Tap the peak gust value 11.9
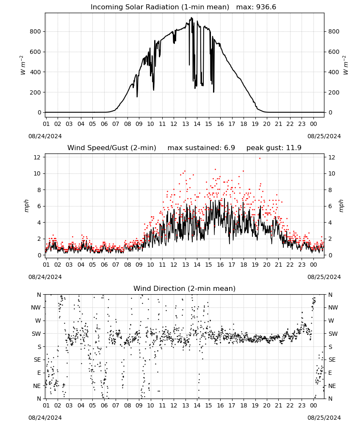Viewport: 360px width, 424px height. (x=293, y=148)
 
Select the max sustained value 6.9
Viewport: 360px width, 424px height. (x=230, y=148)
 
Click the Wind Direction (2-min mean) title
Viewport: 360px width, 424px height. (x=185, y=288)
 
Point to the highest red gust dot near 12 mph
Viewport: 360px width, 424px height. (x=260, y=159)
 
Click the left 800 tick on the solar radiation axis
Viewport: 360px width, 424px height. (x=36, y=31)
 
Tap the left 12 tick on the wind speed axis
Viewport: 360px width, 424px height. (x=37, y=157)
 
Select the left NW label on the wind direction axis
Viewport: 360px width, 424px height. (x=36, y=307)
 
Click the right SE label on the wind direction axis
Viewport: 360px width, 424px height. (x=332, y=360)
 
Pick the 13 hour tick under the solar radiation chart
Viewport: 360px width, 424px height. (x=186, y=124)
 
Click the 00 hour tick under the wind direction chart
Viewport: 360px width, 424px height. (x=313, y=405)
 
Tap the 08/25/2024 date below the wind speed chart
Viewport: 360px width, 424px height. (x=324, y=277)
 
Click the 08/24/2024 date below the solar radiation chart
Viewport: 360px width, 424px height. (x=45, y=136)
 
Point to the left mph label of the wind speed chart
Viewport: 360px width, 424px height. (x=26, y=206)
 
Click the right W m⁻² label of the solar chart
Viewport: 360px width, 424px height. (x=346, y=65)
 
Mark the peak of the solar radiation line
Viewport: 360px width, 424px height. (x=192, y=17)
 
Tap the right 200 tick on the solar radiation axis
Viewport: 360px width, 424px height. (x=334, y=92)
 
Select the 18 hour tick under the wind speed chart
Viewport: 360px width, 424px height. (x=244, y=265)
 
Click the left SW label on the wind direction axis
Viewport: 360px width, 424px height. (x=36, y=334)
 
